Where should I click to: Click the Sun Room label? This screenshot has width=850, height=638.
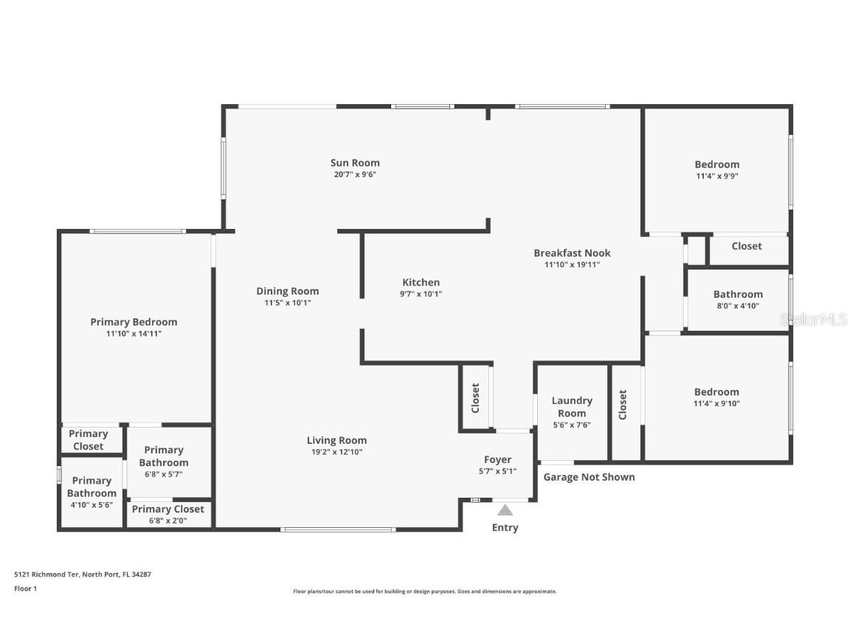(x=355, y=163)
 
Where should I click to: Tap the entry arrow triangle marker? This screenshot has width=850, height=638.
(x=505, y=510)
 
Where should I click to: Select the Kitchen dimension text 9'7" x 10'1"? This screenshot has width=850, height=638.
(x=421, y=294)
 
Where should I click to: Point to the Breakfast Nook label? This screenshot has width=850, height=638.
(x=572, y=253)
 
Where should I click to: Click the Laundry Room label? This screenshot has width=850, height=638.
(x=572, y=407)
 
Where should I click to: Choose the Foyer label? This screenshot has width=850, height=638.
(x=497, y=460)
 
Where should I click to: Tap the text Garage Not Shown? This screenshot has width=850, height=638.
(x=589, y=477)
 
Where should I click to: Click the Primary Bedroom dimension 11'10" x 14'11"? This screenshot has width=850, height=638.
(x=134, y=334)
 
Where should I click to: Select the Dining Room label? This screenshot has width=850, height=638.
(x=288, y=291)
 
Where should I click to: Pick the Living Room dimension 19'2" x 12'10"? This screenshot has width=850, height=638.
(x=336, y=452)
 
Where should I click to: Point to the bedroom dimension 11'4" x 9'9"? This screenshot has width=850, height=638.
(x=716, y=176)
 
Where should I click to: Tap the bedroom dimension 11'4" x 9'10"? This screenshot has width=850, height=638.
(x=716, y=404)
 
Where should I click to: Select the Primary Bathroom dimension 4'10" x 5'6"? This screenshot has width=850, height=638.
(x=91, y=505)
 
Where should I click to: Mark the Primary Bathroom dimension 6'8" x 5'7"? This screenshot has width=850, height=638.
(x=163, y=474)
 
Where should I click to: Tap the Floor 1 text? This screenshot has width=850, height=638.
(x=25, y=589)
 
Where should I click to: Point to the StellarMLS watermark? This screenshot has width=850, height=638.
(x=813, y=320)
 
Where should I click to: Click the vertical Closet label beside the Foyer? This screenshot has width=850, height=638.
(x=475, y=397)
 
